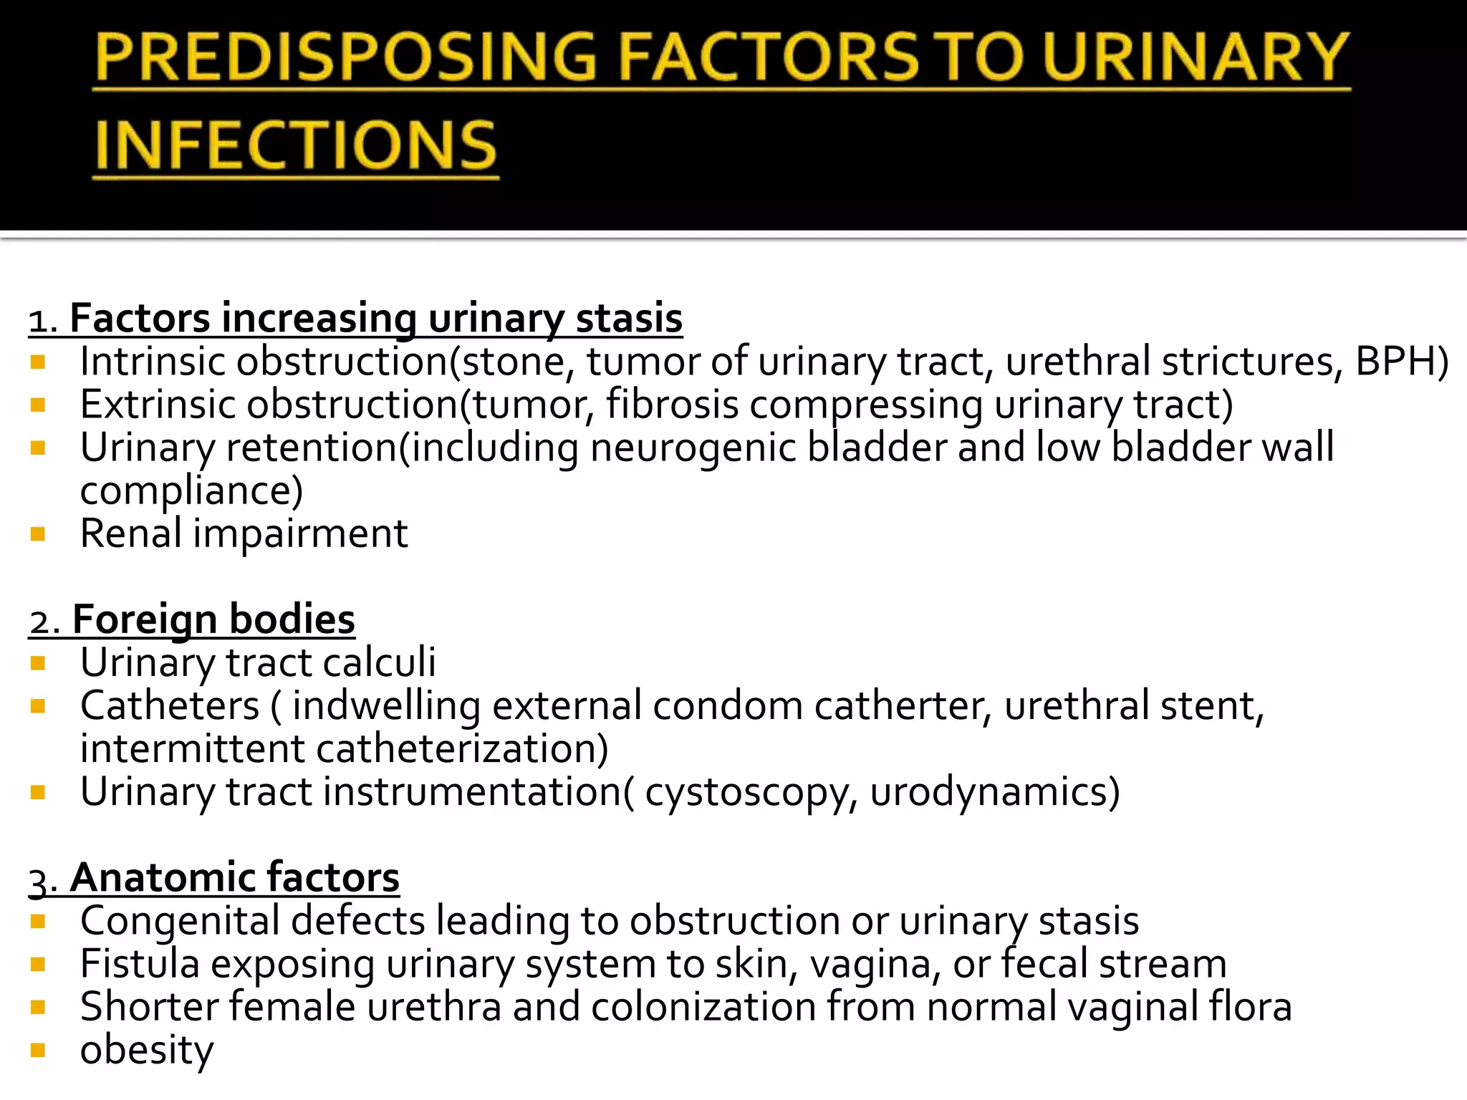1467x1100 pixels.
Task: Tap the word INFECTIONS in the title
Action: click(x=295, y=145)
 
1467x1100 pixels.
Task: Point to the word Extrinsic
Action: click(x=157, y=405)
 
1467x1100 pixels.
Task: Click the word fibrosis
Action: click(x=672, y=405)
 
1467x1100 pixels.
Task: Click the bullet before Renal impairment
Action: click(x=39, y=534)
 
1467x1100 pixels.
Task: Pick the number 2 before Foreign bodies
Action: click(x=40, y=622)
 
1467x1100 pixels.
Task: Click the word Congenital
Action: click(x=180, y=922)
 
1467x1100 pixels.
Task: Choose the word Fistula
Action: click(x=140, y=964)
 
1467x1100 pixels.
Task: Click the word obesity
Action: click(x=147, y=1051)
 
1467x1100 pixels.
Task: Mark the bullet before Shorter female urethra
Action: click(x=39, y=1008)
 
